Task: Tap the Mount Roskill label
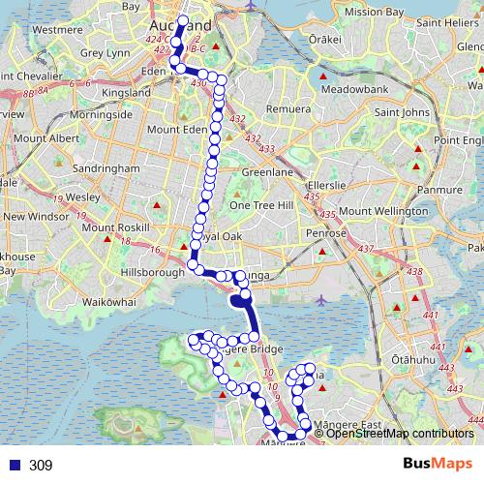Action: pos(112,227)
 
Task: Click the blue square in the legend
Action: pos(14,466)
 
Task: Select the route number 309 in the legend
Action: pos(40,466)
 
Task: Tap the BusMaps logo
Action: pos(438,465)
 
